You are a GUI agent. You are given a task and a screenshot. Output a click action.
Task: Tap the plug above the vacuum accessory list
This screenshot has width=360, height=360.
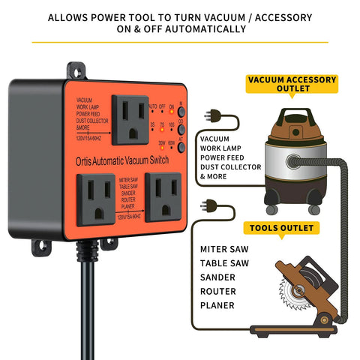coord(215,115)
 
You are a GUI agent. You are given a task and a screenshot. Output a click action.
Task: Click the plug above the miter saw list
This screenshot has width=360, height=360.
coord(211,204)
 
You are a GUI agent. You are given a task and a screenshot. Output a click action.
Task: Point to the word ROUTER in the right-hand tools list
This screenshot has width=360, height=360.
coord(217,291)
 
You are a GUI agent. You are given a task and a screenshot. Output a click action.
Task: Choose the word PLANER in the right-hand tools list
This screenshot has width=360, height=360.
coord(217,305)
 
